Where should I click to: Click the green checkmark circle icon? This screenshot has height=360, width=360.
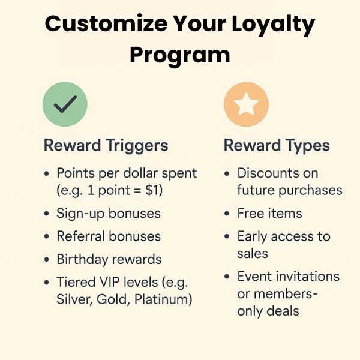click(x=65, y=104)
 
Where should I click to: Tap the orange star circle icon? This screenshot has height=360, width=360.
click(x=246, y=104)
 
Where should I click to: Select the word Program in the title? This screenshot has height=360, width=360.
click(x=180, y=55)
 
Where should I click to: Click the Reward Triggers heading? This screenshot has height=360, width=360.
click(x=106, y=145)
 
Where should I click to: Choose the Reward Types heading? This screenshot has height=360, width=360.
click(x=277, y=145)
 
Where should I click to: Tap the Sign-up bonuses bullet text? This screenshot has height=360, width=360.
click(x=109, y=213)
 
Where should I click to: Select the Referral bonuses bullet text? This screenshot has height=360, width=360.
click(x=109, y=236)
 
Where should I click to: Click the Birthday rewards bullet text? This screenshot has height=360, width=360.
click(x=109, y=260)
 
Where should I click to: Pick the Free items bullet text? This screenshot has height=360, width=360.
click(x=269, y=213)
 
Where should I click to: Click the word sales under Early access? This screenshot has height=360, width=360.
click(x=253, y=253)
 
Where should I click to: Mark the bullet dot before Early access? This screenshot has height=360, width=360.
click(x=227, y=236)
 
